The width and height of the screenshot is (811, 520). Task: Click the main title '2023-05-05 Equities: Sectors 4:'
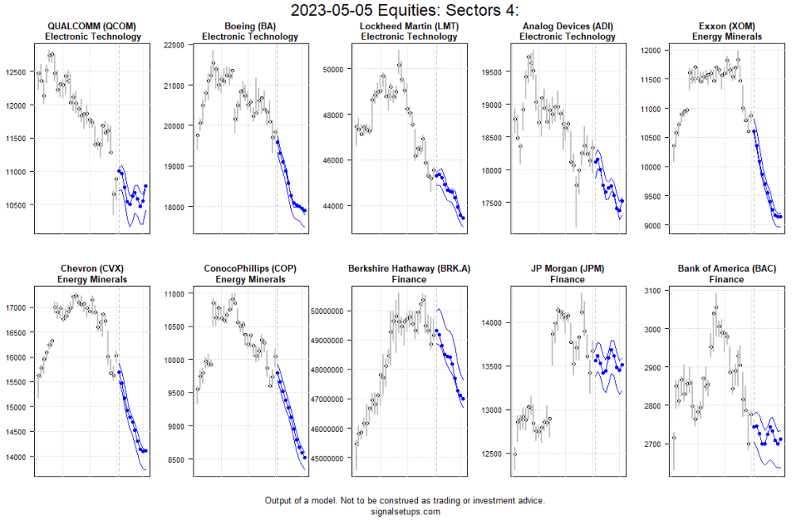click(x=405, y=10)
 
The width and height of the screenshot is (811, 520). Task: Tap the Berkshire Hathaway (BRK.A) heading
click(x=409, y=269)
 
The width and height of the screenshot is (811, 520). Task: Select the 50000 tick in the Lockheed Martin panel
click(x=334, y=69)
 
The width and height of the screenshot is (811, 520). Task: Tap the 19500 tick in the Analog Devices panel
click(x=493, y=71)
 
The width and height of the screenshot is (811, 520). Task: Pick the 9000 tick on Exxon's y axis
click(x=652, y=225)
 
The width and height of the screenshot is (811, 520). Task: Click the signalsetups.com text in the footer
click(x=405, y=511)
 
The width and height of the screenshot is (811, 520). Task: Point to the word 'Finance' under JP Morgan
click(x=568, y=279)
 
